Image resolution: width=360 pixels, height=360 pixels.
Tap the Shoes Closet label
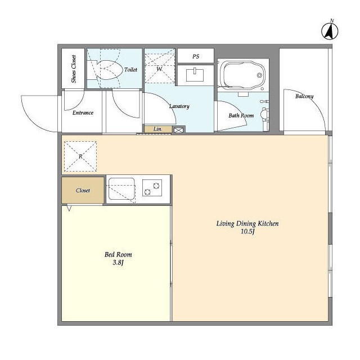pos(74,69)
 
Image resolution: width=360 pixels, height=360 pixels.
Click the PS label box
pos(196,56)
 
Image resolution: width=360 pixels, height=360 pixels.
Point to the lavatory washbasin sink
pos(195,74)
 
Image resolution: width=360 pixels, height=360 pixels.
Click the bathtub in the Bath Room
pos(244,75)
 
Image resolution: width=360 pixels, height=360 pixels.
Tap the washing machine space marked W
pos(160,68)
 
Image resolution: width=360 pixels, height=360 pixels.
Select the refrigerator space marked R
pos(80,156)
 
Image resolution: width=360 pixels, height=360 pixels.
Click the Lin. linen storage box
pos(158,129)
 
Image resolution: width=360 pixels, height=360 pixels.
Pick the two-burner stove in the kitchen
pos(152,188)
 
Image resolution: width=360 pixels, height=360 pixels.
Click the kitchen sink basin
pos(121,189)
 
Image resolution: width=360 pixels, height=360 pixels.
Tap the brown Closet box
pos(83,190)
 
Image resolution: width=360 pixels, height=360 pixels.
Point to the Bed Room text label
pos(118,254)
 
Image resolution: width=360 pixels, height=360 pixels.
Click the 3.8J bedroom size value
pos(118,263)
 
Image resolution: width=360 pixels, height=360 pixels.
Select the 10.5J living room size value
pos(247,231)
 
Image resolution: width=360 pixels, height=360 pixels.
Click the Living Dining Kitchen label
pos(247,224)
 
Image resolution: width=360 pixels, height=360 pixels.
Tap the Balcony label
pos(304,96)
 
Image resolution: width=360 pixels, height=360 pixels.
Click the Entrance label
pos(83,112)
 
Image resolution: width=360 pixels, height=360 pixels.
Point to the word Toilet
pos(131,70)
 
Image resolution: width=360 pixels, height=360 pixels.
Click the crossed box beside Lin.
pos(179,130)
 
